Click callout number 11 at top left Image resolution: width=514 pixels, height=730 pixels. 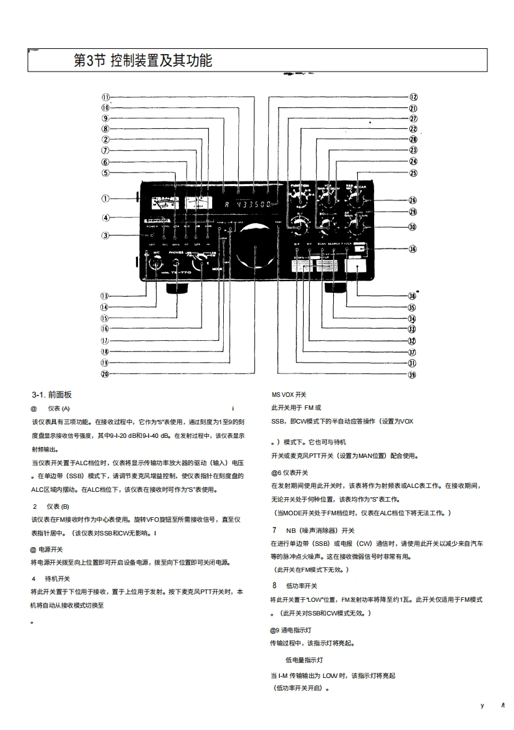tap(105, 97)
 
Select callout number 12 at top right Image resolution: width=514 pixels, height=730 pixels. tap(413, 97)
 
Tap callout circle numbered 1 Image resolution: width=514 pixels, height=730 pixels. tap(105, 198)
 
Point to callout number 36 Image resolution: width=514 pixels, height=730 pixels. tap(413, 249)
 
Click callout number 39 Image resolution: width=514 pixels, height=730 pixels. tap(413, 374)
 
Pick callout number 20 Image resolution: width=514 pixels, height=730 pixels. tap(105, 374)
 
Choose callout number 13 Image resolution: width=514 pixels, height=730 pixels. tap(105, 295)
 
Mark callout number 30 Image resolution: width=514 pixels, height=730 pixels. tap(413, 227)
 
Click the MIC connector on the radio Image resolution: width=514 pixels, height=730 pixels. tap(156, 264)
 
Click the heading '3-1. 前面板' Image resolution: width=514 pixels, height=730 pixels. tap(51, 395)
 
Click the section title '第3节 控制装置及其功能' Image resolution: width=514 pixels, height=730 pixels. tap(142, 61)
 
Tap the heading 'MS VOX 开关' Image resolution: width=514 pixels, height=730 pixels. tap(288, 395)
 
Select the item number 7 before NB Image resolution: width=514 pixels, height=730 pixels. tap(275, 530)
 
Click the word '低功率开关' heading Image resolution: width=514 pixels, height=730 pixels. tap(301, 585)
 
